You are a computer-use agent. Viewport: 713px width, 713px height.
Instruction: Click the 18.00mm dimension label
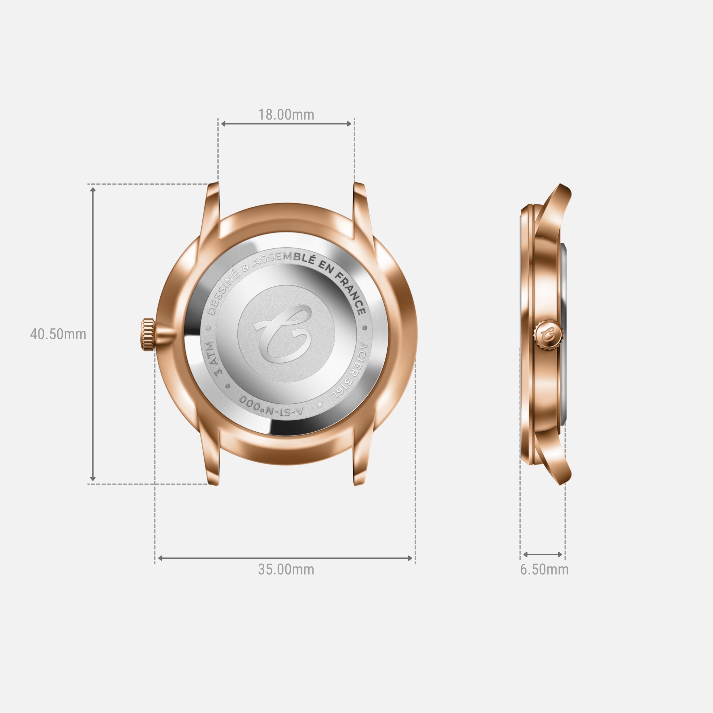click(x=286, y=115)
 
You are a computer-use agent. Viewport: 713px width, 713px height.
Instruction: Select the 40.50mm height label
click(x=58, y=334)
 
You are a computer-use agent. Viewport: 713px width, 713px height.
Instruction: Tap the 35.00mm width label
click(x=286, y=570)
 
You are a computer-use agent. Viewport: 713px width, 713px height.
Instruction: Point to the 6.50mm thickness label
click(x=544, y=570)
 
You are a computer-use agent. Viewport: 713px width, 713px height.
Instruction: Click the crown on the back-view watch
click(x=147, y=334)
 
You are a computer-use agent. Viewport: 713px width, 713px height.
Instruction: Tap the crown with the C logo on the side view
click(x=548, y=334)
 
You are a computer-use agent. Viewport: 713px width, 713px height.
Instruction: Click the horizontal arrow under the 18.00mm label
click(x=286, y=124)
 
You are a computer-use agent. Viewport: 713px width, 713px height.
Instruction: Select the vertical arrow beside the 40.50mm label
click(x=93, y=334)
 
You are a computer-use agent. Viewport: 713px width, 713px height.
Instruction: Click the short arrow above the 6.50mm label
click(x=543, y=554)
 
